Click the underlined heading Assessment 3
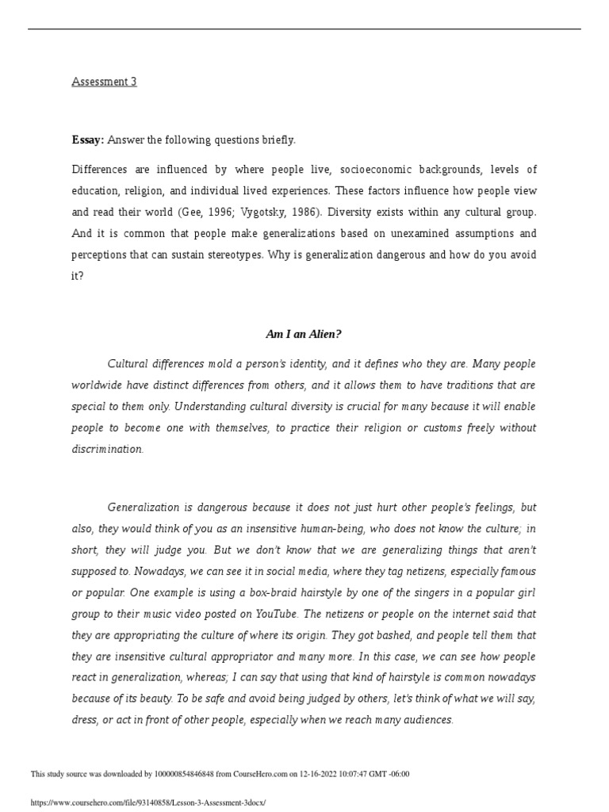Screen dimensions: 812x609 tap(104, 82)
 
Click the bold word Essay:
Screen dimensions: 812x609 tap(88, 140)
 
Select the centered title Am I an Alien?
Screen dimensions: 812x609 tap(304, 335)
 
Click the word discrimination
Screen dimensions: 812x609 tap(107, 449)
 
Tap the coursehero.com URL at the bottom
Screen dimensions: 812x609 tap(147, 803)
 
